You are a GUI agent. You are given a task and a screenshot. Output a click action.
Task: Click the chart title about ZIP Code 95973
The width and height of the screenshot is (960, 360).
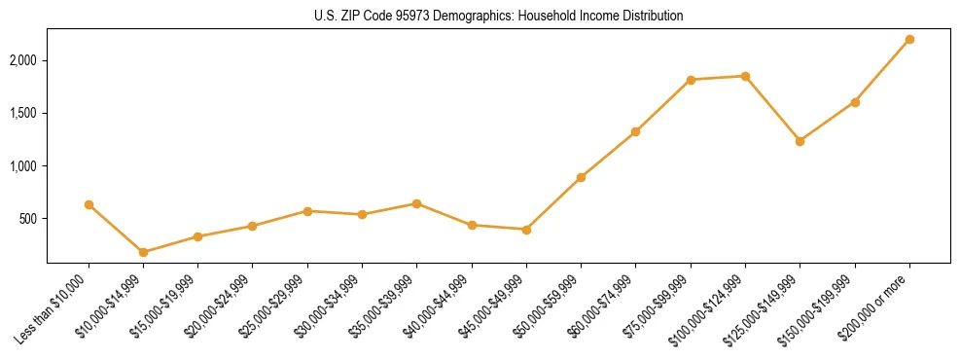498,16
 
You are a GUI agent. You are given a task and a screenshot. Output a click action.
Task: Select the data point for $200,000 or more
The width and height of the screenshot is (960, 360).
909,39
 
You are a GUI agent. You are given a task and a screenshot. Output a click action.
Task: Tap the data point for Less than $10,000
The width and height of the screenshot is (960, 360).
89,204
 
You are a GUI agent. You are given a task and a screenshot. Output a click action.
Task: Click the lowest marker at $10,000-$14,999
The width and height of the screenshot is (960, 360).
143,252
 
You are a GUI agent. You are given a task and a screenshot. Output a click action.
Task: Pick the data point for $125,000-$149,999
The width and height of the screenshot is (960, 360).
800,141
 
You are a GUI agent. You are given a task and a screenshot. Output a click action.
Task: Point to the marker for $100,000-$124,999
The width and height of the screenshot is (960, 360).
745,76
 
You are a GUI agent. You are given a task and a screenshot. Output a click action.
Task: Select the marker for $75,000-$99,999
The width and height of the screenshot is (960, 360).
691,80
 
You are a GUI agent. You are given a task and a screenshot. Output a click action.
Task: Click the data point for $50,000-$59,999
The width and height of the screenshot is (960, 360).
581,177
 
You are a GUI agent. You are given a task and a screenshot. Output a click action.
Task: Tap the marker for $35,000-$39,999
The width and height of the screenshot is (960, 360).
416,203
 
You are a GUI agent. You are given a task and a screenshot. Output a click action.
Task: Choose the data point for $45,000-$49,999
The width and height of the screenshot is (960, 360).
526,230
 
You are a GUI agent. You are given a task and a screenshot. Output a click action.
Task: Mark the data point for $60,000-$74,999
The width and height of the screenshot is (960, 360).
635,131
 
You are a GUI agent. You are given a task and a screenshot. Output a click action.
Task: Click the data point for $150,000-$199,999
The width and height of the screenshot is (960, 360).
855,102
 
